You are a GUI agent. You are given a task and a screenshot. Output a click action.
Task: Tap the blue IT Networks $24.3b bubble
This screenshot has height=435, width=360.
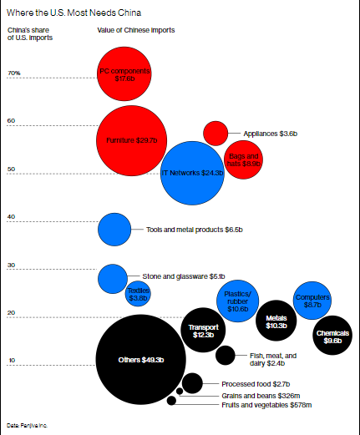tap(192, 173)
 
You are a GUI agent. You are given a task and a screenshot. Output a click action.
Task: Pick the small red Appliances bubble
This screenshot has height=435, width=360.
tap(215, 132)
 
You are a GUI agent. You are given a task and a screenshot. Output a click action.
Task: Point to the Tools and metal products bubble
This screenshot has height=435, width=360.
tap(114, 230)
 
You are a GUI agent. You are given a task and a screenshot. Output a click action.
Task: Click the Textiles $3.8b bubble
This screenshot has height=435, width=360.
tap(138, 293)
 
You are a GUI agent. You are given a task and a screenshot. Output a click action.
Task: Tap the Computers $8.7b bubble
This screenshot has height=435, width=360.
tap(312, 301)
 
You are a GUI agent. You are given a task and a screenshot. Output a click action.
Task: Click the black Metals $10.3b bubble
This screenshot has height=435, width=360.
tap(276, 323)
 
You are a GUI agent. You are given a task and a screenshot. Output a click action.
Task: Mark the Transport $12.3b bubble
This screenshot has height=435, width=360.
tap(203, 330)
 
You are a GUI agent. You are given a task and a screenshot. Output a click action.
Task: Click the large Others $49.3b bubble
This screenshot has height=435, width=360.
tap(140, 359)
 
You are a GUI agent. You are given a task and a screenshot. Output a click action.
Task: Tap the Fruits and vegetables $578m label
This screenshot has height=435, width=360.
tap(266, 405)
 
